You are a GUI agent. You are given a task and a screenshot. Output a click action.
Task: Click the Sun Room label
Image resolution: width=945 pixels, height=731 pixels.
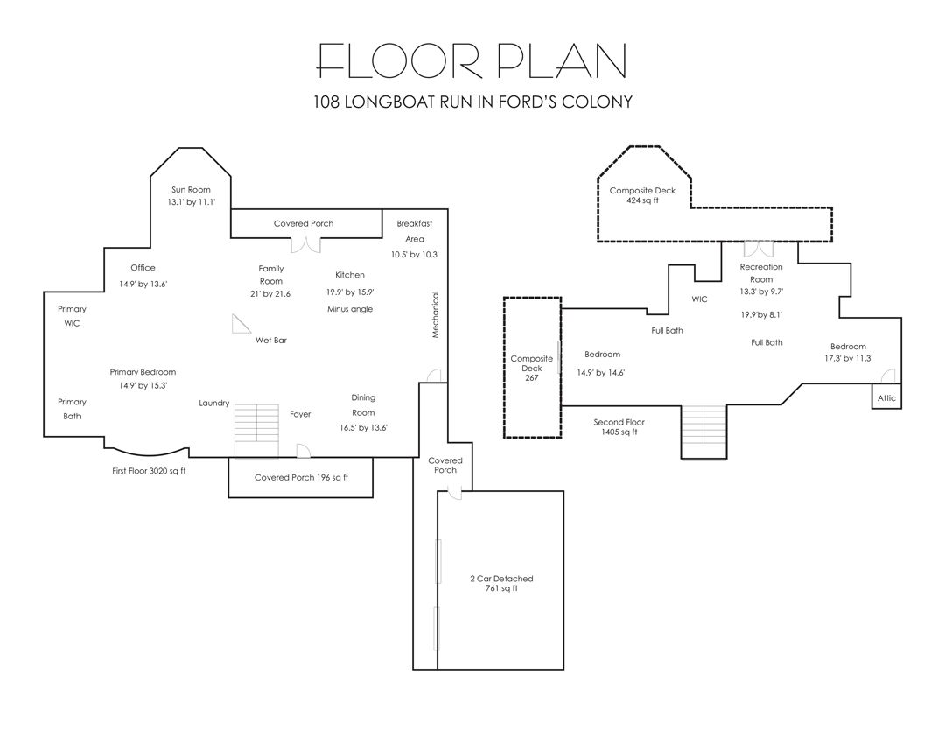pyautogui.click(x=191, y=189)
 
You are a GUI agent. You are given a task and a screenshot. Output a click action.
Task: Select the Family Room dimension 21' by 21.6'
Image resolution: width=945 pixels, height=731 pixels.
pyautogui.click(x=270, y=294)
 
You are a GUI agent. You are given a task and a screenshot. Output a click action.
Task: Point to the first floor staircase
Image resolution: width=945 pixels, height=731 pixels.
pyautogui.click(x=256, y=431)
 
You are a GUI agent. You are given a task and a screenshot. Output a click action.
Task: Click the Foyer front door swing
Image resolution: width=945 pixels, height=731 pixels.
pyautogui.click(x=303, y=451)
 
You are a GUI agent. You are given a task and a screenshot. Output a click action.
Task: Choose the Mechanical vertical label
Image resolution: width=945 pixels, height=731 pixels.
pyautogui.click(x=435, y=315)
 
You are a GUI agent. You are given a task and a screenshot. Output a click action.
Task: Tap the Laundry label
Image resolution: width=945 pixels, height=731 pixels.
pyautogui.click(x=214, y=403)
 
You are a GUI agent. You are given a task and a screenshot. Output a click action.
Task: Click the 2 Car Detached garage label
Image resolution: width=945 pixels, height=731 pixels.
pyautogui.click(x=501, y=583)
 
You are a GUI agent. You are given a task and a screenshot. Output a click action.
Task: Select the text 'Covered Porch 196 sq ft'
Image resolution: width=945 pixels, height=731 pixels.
pyautogui.click(x=301, y=478)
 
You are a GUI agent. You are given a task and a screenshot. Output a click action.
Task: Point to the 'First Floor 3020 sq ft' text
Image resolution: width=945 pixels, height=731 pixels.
pyautogui.click(x=149, y=471)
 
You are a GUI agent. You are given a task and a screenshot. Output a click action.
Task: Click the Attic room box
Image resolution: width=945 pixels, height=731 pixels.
pyautogui.click(x=886, y=397)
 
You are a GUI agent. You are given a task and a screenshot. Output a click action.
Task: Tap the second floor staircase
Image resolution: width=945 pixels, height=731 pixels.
pyautogui.click(x=703, y=432)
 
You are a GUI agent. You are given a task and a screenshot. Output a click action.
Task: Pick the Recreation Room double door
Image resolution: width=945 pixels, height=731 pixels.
pyautogui.click(x=758, y=250)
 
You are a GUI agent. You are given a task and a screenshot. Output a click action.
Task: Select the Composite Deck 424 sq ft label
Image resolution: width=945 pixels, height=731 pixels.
pyautogui.click(x=642, y=195)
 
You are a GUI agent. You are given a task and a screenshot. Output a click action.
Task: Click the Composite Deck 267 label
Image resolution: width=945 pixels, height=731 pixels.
pyautogui.click(x=532, y=368)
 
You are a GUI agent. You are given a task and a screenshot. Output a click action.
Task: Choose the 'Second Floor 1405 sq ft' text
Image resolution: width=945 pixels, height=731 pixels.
pyautogui.click(x=619, y=427)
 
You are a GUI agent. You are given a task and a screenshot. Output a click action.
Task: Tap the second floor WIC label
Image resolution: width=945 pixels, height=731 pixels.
pyautogui.click(x=699, y=299)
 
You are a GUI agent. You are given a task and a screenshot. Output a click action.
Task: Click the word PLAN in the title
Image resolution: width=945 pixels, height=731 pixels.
pyautogui.click(x=563, y=60)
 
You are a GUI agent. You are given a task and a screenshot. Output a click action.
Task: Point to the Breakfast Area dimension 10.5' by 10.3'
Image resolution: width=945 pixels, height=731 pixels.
pyautogui.click(x=415, y=255)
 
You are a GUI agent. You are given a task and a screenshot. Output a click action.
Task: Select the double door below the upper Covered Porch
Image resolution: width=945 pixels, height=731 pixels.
pyautogui.click(x=305, y=245)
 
